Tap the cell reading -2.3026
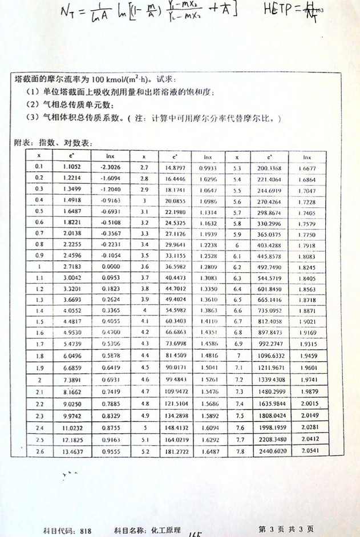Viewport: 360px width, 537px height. pyautogui.click(x=110, y=167)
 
